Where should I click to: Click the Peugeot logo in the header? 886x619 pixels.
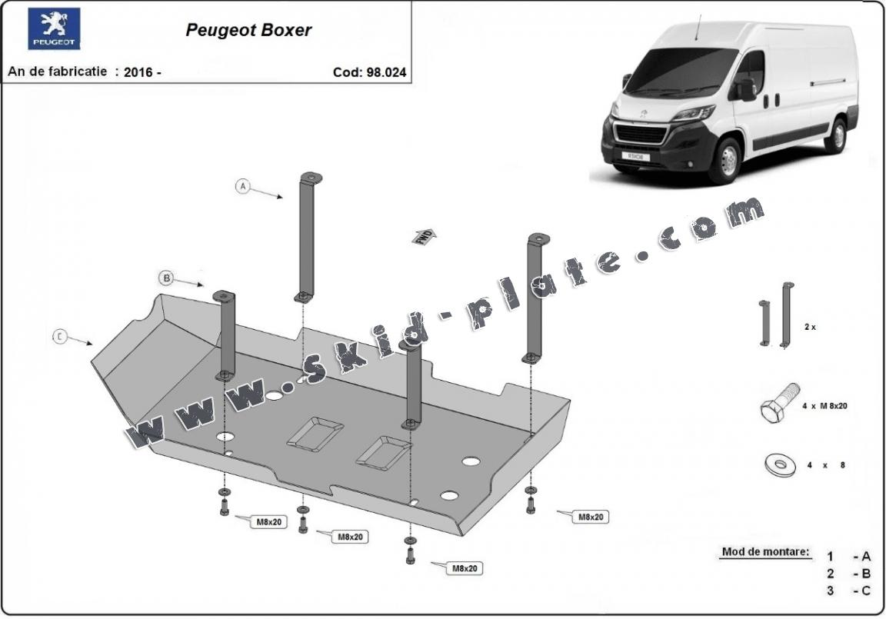tap(54, 29)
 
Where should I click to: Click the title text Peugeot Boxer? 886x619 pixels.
tap(248, 31)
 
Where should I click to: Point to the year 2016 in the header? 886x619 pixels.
tap(138, 72)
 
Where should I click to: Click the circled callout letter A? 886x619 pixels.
tap(243, 186)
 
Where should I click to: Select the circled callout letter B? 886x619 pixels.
tap(166, 278)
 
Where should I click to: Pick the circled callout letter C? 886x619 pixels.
tap(60, 337)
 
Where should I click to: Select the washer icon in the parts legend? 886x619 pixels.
tap(779, 464)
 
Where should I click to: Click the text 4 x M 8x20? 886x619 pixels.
tap(824, 405)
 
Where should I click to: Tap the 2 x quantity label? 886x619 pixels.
tap(810, 327)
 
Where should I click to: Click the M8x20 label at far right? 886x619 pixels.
tap(590, 517)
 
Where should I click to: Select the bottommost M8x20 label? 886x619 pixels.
tap(465, 568)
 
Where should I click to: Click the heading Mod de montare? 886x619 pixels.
tap(765, 552)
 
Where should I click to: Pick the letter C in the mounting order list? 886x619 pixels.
tap(866, 591)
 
